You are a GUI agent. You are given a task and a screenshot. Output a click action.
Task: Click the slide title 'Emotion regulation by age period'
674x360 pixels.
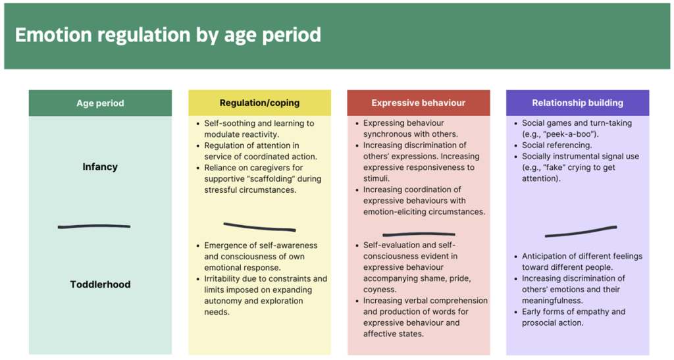pos(168,35)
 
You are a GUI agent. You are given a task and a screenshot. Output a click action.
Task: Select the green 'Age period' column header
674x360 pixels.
pos(100,103)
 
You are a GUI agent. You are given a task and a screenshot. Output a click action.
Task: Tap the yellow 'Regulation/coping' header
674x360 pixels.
pos(259,103)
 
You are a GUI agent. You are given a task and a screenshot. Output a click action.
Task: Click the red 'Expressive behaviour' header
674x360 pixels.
pos(419,103)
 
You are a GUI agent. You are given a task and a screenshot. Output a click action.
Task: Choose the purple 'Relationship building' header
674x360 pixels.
pos(578,103)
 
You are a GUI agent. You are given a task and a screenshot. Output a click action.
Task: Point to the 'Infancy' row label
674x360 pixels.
pos(100,167)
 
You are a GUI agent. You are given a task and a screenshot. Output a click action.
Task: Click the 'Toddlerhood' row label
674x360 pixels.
pos(100,284)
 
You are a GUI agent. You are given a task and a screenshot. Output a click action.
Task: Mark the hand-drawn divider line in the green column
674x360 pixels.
pos(94,226)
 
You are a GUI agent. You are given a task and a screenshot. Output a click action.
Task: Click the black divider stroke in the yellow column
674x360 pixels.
pos(259,227)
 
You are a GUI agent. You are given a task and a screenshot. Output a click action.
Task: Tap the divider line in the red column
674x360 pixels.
pos(419,234)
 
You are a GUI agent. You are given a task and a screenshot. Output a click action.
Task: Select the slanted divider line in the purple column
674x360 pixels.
pos(581,232)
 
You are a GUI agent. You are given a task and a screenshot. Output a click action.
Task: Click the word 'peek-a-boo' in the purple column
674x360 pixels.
pos(575,134)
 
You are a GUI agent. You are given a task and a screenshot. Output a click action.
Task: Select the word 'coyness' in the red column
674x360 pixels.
pos(379,290)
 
